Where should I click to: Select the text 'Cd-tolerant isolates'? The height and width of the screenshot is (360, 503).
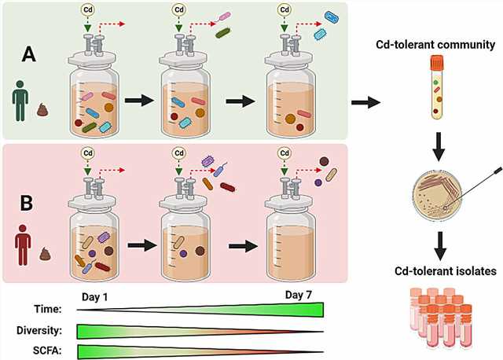[440, 272]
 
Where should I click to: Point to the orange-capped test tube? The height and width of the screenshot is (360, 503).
[438, 87]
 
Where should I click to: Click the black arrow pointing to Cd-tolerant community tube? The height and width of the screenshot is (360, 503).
[364, 102]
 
